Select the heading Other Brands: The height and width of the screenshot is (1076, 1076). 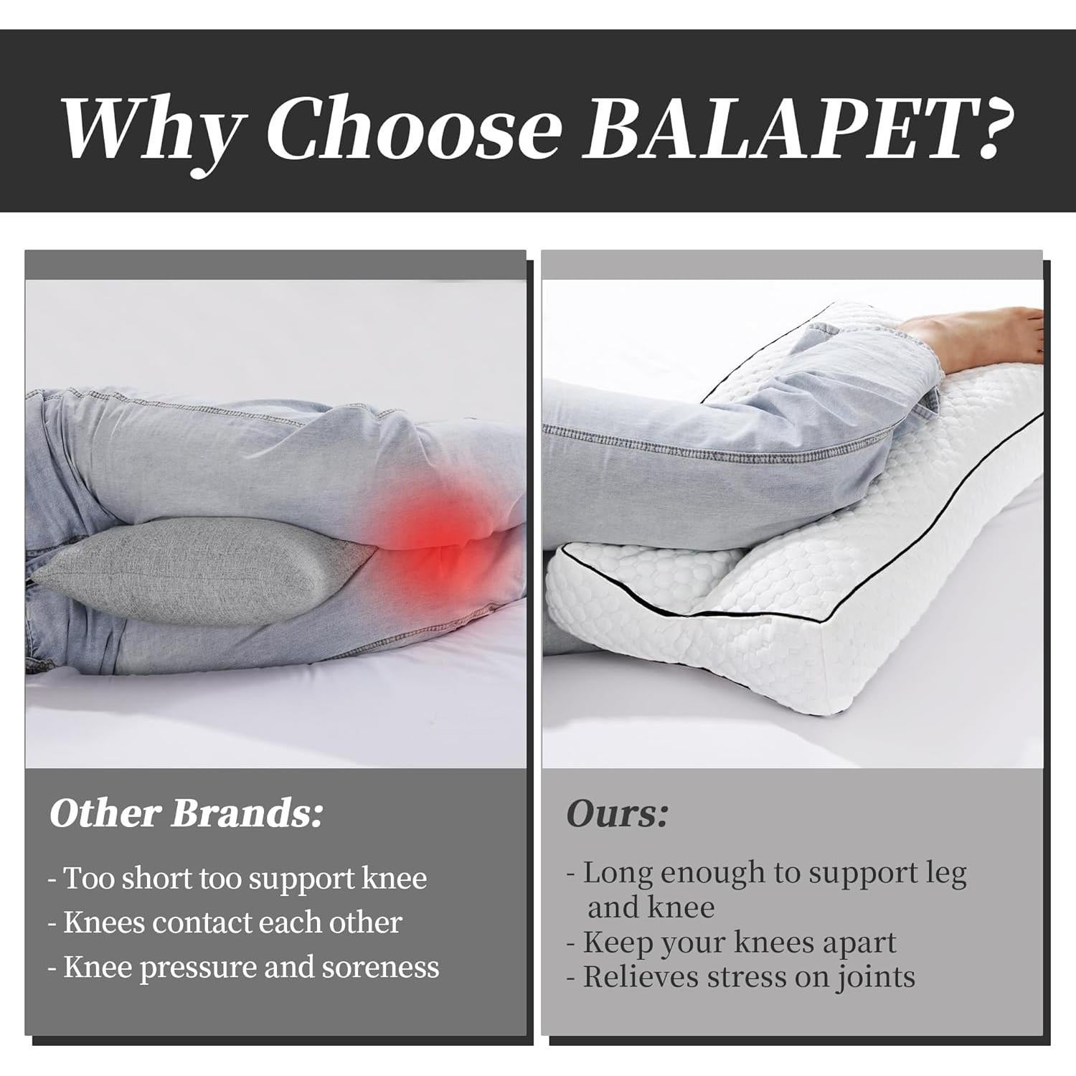[x=186, y=813]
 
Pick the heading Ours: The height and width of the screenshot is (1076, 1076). [x=617, y=813]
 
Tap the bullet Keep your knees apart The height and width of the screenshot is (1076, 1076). [x=732, y=943]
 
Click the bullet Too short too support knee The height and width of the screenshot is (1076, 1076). [x=237, y=878]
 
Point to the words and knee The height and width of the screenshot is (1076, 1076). [x=651, y=908]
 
